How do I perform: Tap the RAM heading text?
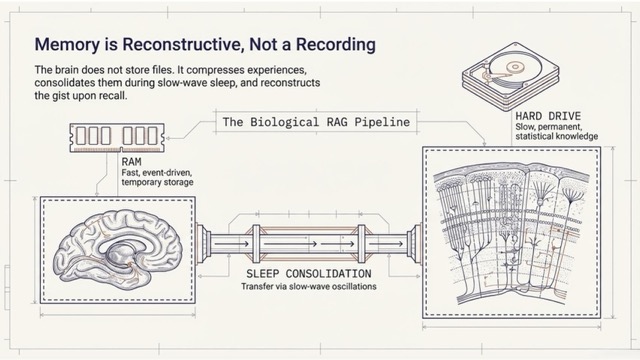coord(131,161)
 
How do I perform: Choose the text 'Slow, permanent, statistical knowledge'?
coord(543,131)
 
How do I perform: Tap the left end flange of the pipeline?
coord(205,243)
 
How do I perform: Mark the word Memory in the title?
coord(65,45)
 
